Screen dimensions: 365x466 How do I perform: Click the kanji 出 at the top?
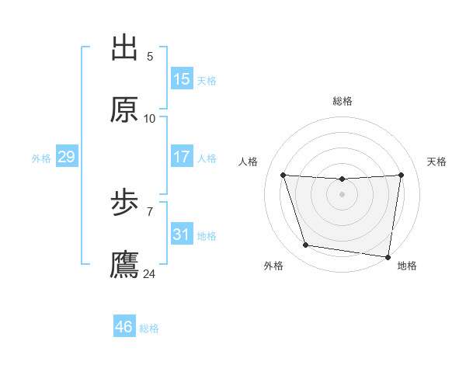124,48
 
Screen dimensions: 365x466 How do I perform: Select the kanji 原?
124,110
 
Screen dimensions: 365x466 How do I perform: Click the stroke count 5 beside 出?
150,57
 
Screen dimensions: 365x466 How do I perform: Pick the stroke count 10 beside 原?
150,119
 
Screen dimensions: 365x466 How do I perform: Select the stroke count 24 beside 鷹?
150,274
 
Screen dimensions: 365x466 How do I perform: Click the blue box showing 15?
182,79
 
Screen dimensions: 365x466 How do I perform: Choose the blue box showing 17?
182,157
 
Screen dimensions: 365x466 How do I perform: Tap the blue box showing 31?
182,235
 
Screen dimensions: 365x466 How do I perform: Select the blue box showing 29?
66,157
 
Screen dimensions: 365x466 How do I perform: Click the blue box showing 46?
124,327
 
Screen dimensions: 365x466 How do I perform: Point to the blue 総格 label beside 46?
149,328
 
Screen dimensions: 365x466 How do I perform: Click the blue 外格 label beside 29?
41,158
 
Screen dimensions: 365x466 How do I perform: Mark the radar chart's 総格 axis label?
343,101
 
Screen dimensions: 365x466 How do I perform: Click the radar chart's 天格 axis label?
437,162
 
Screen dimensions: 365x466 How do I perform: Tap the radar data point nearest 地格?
388,256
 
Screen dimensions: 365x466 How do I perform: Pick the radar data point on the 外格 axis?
306,245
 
